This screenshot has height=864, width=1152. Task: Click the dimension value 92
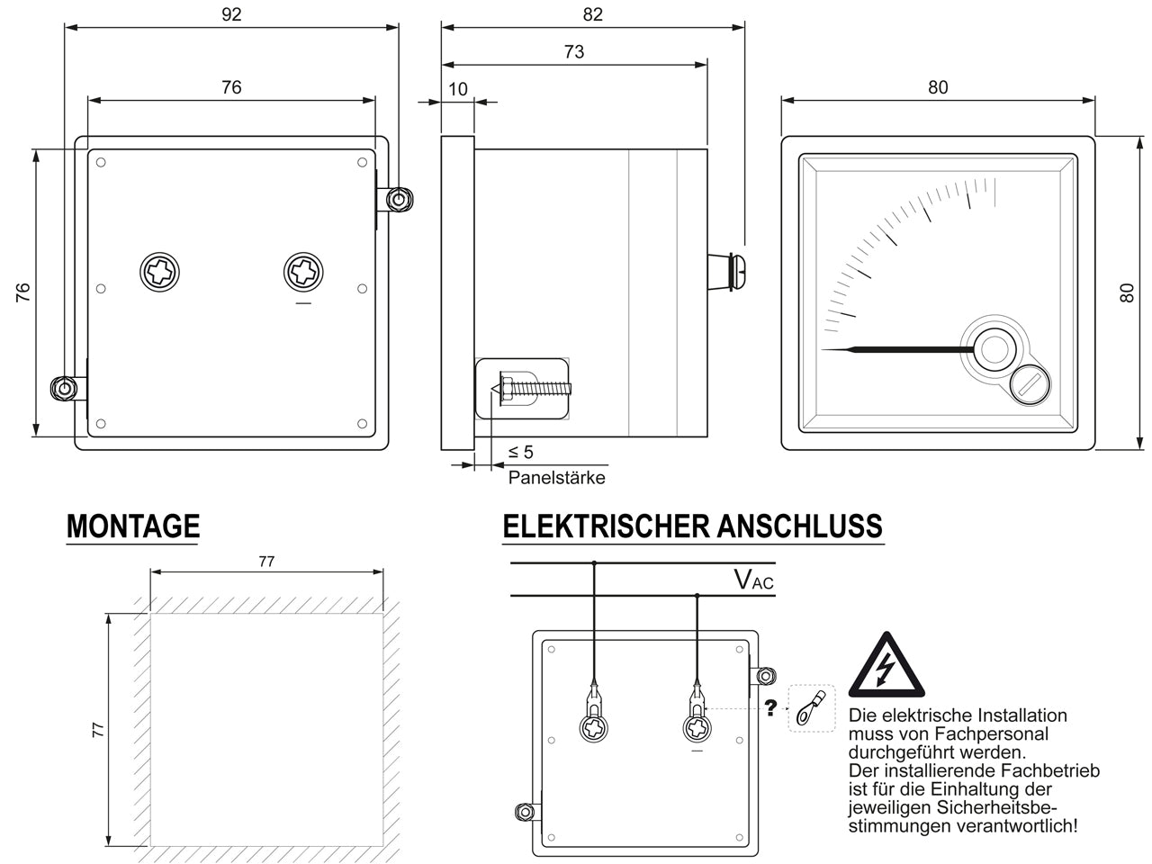click(231, 14)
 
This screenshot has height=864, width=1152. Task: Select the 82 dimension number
click(592, 14)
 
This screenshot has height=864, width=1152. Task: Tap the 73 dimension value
click(573, 51)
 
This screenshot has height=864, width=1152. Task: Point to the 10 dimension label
click(458, 89)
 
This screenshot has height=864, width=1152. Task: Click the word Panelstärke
click(556, 477)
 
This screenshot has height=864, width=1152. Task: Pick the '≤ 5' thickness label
click(520, 452)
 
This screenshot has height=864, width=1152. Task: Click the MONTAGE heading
click(133, 526)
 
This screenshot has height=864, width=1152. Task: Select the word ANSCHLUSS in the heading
click(799, 526)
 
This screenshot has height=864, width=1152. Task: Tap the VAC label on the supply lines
click(753, 580)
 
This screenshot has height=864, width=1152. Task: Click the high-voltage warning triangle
click(886, 666)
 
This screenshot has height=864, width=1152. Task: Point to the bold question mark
click(769, 707)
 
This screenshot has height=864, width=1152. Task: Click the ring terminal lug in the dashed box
click(811, 707)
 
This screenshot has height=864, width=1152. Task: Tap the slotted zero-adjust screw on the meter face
click(1030, 385)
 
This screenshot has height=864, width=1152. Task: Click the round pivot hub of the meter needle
click(994, 349)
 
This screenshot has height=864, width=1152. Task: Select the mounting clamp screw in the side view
click(533, 389)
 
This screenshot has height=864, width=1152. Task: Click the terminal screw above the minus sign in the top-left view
click(303, 272)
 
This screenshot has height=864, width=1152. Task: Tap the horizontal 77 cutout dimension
click(266, 562)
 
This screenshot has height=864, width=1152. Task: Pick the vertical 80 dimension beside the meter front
click(1126, 292)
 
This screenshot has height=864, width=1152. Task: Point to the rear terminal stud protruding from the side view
click(726, 272)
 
